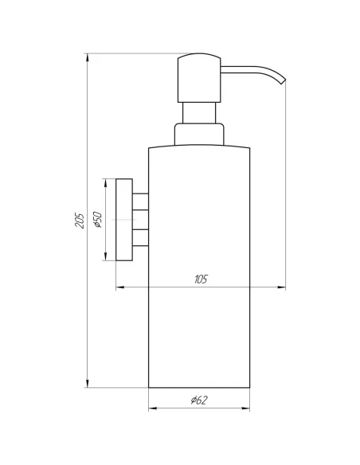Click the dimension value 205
point(79,221)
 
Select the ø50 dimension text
point(97,221)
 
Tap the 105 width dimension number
point(201,279)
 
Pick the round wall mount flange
point(124,220)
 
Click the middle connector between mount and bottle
point(140,219)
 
